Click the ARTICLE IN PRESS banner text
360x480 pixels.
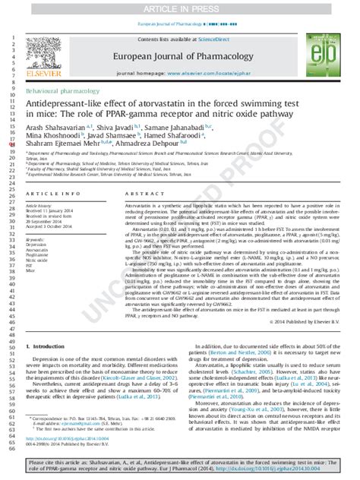tap(180, 8)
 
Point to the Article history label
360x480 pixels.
tap(41, 205)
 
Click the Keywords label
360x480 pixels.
tap(36, 238)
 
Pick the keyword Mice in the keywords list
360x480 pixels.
tap(31, 270)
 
